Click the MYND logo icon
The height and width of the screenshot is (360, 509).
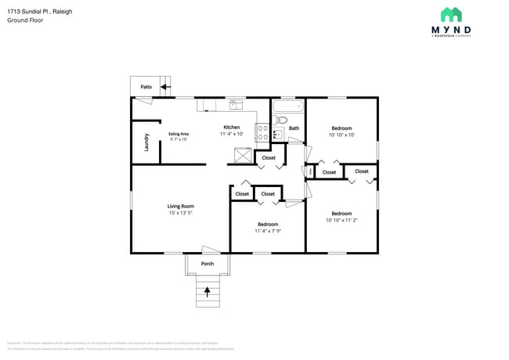click(450, 15)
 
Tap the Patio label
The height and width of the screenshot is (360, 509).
click(146, 87)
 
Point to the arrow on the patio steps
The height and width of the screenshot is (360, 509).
click(165, 87)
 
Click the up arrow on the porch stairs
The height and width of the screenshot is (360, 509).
click(208, 292)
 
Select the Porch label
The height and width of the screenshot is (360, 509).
click(208, 264)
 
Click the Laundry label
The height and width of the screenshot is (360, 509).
click(146, 142)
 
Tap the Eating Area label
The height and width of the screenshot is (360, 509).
click(179, 134)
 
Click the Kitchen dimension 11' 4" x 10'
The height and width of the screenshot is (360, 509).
click(232, 135)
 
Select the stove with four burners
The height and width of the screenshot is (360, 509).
click(263, 131)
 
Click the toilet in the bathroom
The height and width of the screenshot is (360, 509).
click(283, 121)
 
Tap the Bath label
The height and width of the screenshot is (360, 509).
click(294, 128)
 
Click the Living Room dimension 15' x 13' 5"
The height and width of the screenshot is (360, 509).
click(180, 213)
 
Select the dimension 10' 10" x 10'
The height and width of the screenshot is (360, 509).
click(341, 135)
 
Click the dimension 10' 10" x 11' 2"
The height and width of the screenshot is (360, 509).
click(341, 221)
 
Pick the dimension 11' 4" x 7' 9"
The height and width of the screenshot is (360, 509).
click(268, 231)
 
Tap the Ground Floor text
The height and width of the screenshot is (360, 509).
click(25, 20)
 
